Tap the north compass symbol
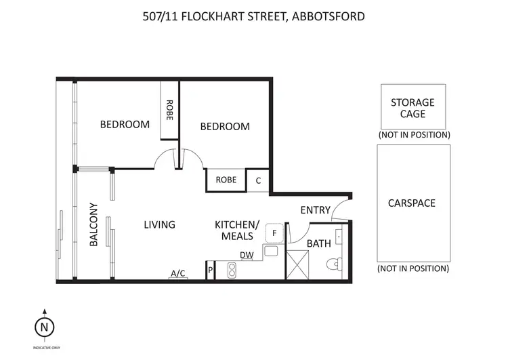[x=44, y=327]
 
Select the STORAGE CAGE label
[x=412, y=108]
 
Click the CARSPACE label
[x=412, y=203]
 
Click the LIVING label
[x=160, y=224]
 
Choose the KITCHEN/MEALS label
[x=237, y=230]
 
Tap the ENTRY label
[x=315, y=210]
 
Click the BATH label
[x=318, y=243]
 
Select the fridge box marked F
[x=274, y=233]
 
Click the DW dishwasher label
[x=247, y=255]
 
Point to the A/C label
[x=177, y=273]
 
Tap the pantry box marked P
[x=211, y=270]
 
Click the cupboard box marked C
[x=258, y=180]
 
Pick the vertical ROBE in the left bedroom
[x=169, y=111]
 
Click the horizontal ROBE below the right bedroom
[x=226, y=180]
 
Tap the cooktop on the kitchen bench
[x=230, y=269]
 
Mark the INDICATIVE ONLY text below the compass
[x=44, y=346]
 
